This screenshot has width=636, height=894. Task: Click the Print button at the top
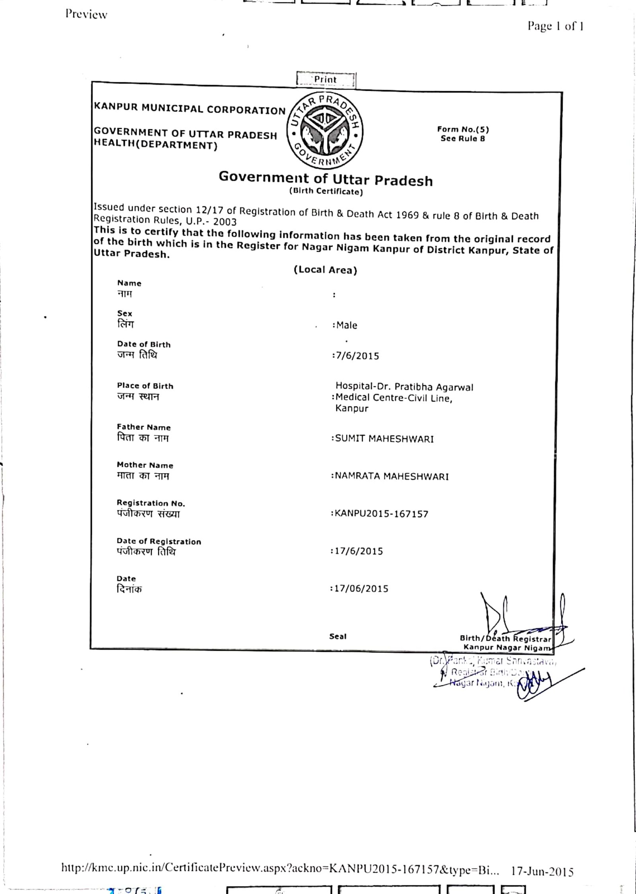tap(326, 80)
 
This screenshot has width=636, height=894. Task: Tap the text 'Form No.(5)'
tap(463, 129)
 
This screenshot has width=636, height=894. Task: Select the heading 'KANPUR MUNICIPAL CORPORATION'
tap(190, 109)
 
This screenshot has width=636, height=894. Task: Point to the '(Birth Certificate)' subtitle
tap(326, 191)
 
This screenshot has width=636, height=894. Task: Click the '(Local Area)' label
tap(326, 270)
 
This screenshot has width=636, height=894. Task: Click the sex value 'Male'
tap(347, 325)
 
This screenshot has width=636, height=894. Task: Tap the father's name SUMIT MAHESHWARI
tap(384, 439)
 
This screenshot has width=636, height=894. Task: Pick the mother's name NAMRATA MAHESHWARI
tap(392, 476)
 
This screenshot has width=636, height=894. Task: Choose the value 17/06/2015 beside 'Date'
tap(361, 589)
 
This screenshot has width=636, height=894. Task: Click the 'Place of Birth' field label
tap(145, 386)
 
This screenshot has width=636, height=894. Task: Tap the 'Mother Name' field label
tap(145, 465)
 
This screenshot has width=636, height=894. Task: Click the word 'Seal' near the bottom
tap(338, 636)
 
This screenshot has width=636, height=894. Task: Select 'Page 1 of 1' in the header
tap(555, 26)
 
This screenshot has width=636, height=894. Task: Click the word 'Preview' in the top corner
tap(86, 14)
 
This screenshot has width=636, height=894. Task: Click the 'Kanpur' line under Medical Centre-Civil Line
tap(352, 408)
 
